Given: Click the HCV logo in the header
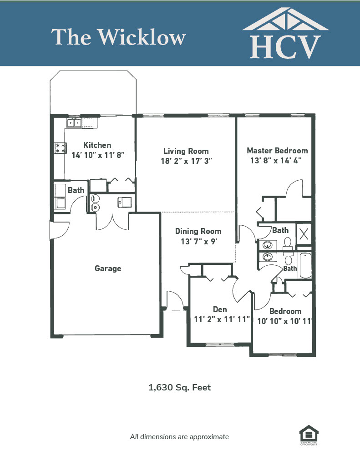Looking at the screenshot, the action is click(285, 33).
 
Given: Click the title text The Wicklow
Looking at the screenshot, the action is click(119, 37).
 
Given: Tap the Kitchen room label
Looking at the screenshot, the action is click(97, 145).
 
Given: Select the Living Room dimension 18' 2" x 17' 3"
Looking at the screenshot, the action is click(187, 161).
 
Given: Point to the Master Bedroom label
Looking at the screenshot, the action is click(277, 151).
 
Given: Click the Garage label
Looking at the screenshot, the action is click(108, 268).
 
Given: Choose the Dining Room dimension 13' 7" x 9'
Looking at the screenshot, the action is click(198, 241).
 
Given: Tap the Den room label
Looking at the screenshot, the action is click(220, 309).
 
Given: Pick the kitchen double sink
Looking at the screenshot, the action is click(74, 122).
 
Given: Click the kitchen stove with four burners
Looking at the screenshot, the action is click(60, 148).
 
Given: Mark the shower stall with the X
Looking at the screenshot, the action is click(304, 234).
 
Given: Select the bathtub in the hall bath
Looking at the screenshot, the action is click(305, 265).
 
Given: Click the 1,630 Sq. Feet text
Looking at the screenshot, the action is click(180, 388).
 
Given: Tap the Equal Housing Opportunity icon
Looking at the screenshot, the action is click(309, 435).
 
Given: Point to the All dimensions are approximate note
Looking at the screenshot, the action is click(179, 437).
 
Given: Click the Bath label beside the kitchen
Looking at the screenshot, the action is click(76, 190).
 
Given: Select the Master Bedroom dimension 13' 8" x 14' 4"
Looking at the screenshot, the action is click(276, 161).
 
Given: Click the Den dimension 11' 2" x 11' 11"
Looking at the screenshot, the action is click(222, 319).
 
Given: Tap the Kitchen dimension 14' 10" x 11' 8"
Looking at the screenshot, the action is click(98, 155).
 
